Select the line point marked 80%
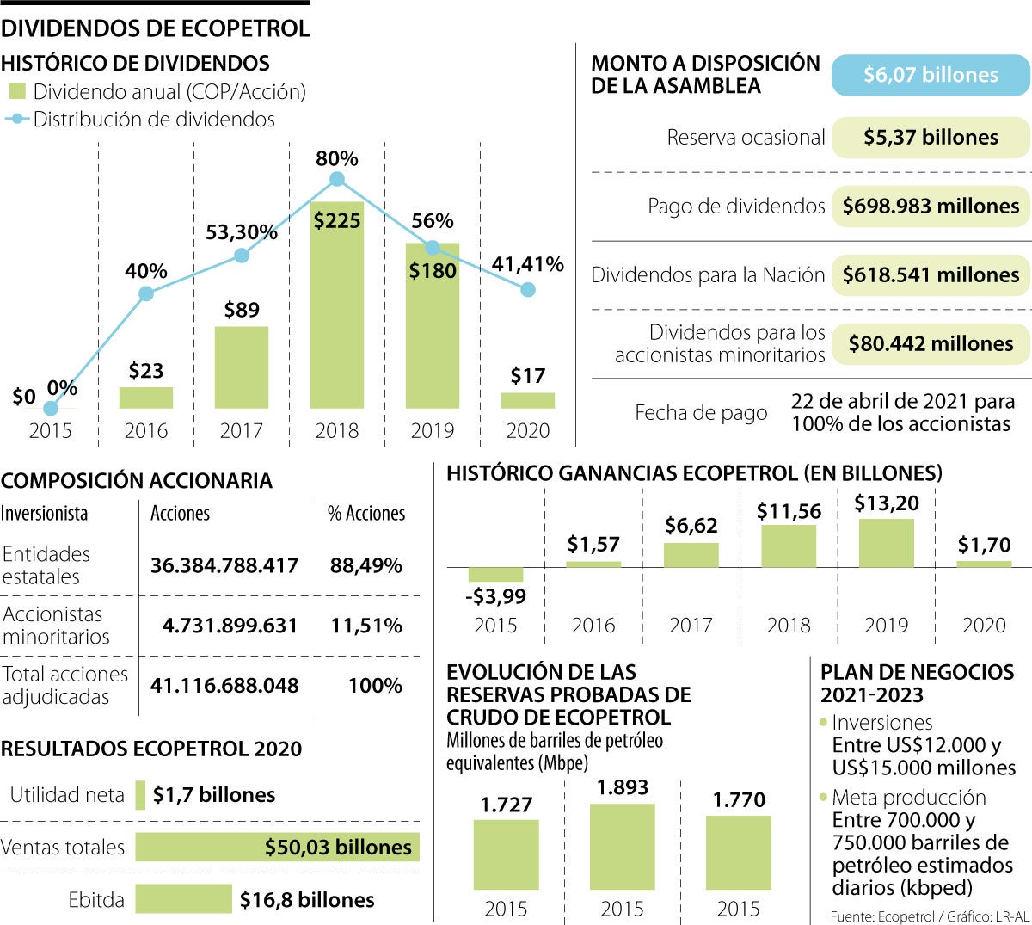click(x=337, y=179)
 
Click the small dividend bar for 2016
click(x=146, y=398)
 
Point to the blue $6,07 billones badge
click(x=931, y=75)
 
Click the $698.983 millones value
click(x=931, y=207)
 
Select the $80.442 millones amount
click(x=931, y=344)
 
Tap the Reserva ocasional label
click(x=746, y=138)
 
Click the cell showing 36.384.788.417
click(x=224, y=565)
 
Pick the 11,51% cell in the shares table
click(x=366, y=626)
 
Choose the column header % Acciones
click(x=366, y=514)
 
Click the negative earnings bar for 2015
click(x=495, y=574)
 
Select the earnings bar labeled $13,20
click(x=886, y=543)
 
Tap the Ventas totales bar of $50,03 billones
click(x=277, y=847)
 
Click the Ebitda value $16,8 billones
click(x=307, y=900)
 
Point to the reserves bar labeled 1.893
click(x=622, y=847)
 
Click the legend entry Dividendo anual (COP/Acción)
click(x=169, y=92)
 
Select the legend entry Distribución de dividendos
click(x=153, y=120)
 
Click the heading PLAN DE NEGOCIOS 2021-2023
click(x=917, y=684)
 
